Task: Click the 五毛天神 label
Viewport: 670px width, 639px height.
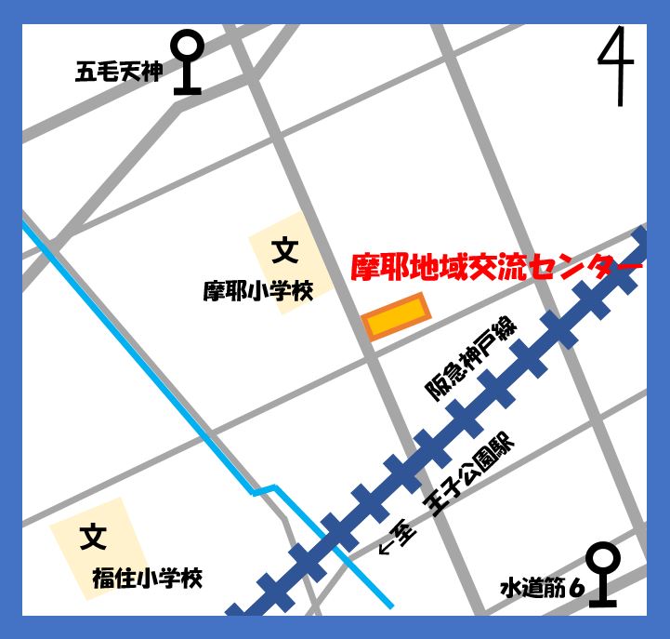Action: coord(118,72)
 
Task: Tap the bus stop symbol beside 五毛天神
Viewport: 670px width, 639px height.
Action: coord(188,61)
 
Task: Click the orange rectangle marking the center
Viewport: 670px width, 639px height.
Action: coord(396,317)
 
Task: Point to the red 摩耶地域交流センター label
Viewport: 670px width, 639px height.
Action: coord(496,268)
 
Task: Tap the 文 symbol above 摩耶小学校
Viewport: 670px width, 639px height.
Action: coord(284,250)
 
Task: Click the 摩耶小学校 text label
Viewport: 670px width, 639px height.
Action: coord(258,291)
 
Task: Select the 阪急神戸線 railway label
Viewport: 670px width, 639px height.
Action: coord(469,358)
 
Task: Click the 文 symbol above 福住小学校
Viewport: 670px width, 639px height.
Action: coord(92,537)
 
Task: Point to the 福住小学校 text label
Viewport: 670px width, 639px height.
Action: coord(147,579)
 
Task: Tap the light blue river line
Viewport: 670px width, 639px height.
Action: coord(149,372)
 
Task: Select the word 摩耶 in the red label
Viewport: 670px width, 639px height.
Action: coord(376,268)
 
